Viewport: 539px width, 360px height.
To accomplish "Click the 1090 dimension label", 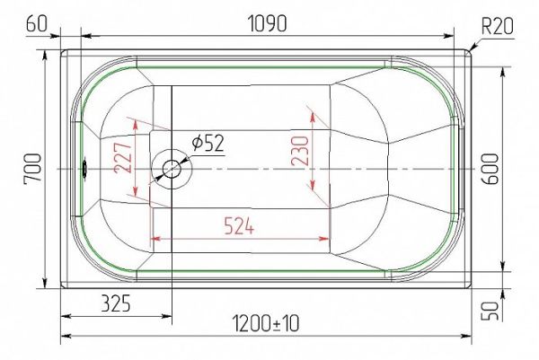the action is tap(267, 24).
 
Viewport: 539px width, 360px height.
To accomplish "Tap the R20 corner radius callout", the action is tap(498, 26).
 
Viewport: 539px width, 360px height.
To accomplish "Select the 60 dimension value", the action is tap(36, 23).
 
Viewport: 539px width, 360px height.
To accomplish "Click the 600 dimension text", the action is tap(490, 169).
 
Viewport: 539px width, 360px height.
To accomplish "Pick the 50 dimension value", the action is tap(490, 311).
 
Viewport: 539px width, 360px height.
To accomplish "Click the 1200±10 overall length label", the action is tap(266, 323).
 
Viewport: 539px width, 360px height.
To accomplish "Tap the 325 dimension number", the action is tap(116, 303).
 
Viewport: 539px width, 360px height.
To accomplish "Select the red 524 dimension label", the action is tap(239, 226).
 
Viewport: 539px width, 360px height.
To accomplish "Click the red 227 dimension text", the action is tap(123, 158).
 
